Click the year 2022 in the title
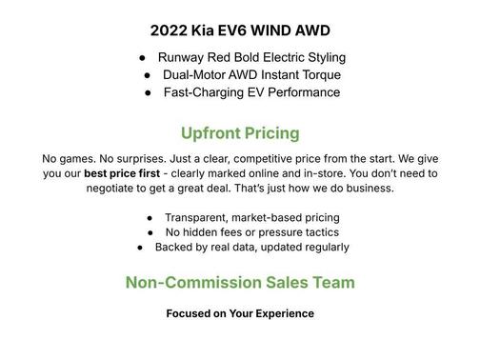click(169, 30)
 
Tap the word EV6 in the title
click(241, 30)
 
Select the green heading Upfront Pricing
click(240, 132)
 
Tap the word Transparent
click(202, 217)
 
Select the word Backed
click(176, 248)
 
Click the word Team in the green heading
click(332, 283)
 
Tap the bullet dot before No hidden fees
click(152, 232)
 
